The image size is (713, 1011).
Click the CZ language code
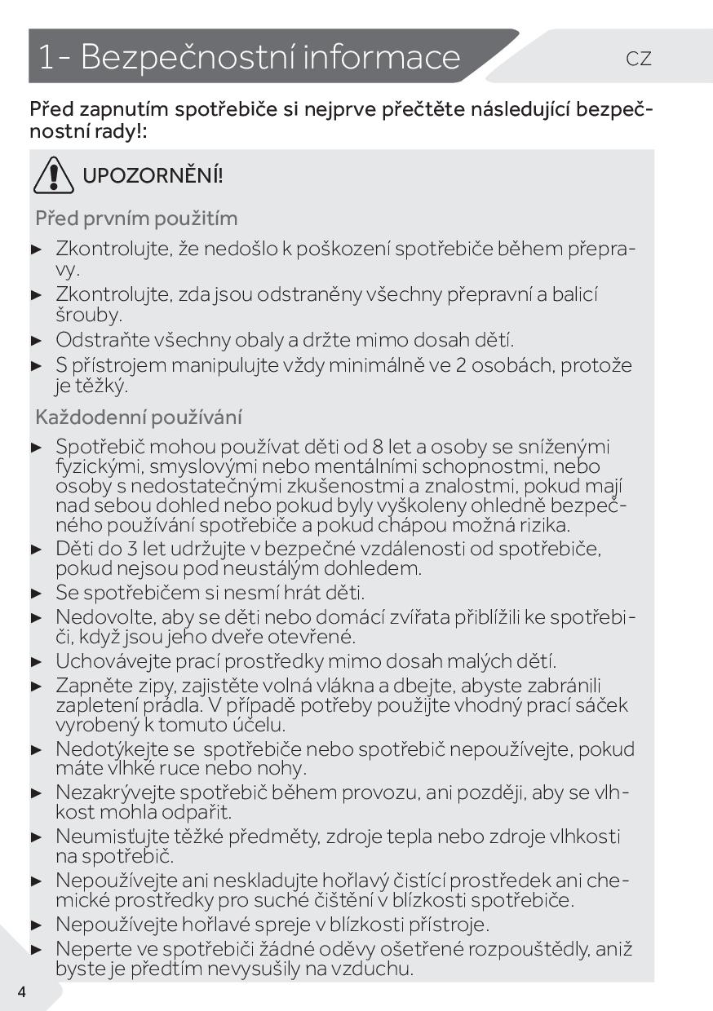639,59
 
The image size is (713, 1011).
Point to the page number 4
21,991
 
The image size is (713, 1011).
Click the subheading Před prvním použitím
136,219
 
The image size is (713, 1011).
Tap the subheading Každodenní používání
139,417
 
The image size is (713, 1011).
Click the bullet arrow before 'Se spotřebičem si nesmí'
36,594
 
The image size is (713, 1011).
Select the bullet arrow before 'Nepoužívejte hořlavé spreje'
36,925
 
